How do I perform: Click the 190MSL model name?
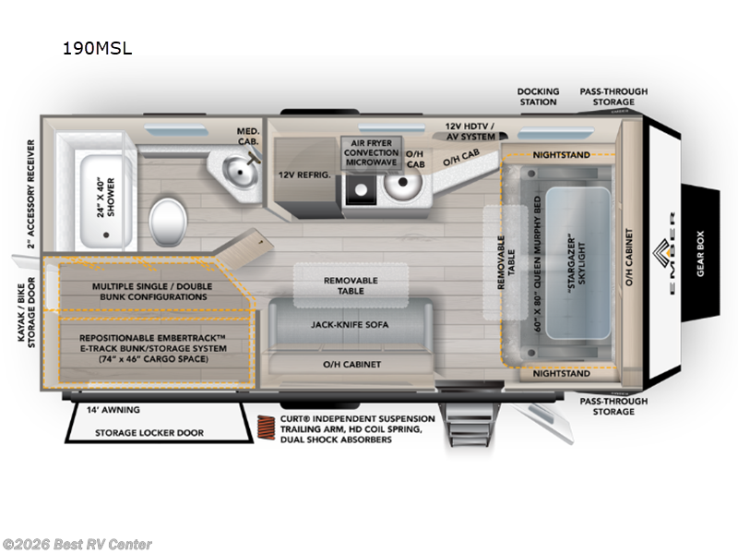(x=97, y=49)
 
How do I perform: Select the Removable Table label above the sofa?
(x=351, y=285)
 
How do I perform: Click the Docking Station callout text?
(x=538, y=96)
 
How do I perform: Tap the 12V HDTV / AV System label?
(x=470, y=130)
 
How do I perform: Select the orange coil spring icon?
(x=264, y=430)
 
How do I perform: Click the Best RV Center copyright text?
(x=77, y=544)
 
